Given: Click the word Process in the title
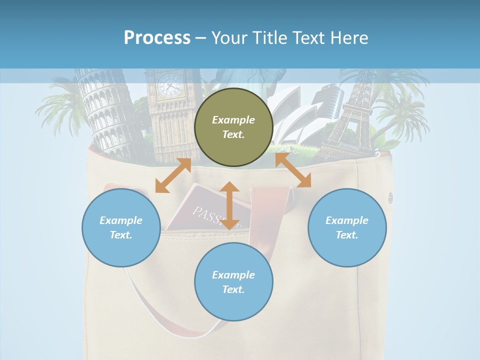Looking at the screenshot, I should pyautogui.click(x=157, y=38).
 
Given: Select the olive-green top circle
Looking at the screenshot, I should pyautogui.click(x=233, y=127).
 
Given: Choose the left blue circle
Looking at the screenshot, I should pyautogui.click(x=121, y=227).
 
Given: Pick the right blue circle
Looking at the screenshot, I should pyautogui.click(x=347, y=227).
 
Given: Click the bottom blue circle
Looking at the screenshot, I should pyautogui.click(x=233, y=282).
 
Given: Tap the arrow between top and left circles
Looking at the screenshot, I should pyautogui.click(x=173, y=175).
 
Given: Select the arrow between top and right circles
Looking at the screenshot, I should pyautogui.click(x=293, y=170).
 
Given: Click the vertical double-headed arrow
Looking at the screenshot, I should pyautogui.click(x=229, y=205).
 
